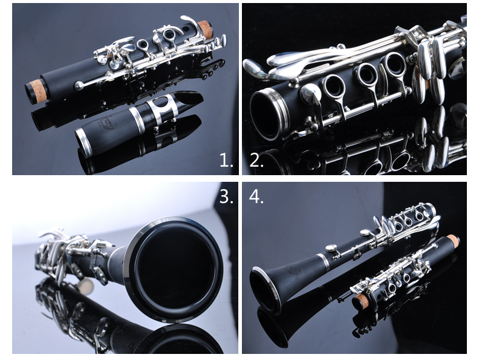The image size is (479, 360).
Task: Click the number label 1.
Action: pyautogui.click(x=226, y=160)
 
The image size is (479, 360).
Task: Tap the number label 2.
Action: pyautogui.click(x=256, y=160)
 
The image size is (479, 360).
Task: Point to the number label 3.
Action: pyautogui.click(x=226, y=196)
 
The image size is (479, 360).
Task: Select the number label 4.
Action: pyautogui.click(x=256, y=196)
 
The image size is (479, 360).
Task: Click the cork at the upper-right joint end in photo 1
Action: pyautogui.click(x=205, y=30)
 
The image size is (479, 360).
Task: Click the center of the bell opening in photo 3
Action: pyautogui.click(x=176, y=269)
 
